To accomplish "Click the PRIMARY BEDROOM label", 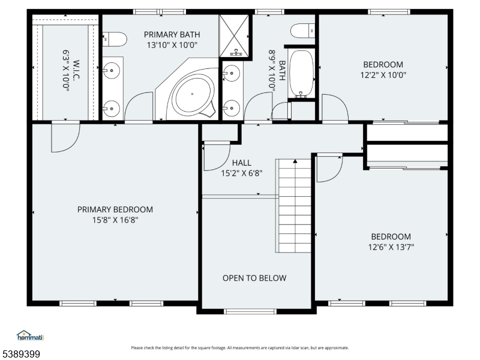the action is (115, 209).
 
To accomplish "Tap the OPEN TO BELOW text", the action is (254, 278).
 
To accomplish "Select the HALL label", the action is (242, 163).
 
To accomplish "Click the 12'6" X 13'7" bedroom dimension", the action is (391, 247).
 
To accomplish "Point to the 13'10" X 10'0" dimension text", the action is (172, 45).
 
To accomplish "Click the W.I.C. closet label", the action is (76, 70).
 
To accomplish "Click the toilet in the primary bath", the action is (115, 39).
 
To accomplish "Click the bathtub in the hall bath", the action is (302, 73).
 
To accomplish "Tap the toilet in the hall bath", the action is (302, 31).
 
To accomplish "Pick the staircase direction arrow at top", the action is (295, 161).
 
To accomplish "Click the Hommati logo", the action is (31, 335).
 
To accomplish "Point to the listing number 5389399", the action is (20, 354).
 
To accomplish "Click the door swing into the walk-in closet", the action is (65, 137).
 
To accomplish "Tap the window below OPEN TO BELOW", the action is (250, 311).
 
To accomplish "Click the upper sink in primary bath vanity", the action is (111, 71).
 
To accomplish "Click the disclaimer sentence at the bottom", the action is (239, 348).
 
